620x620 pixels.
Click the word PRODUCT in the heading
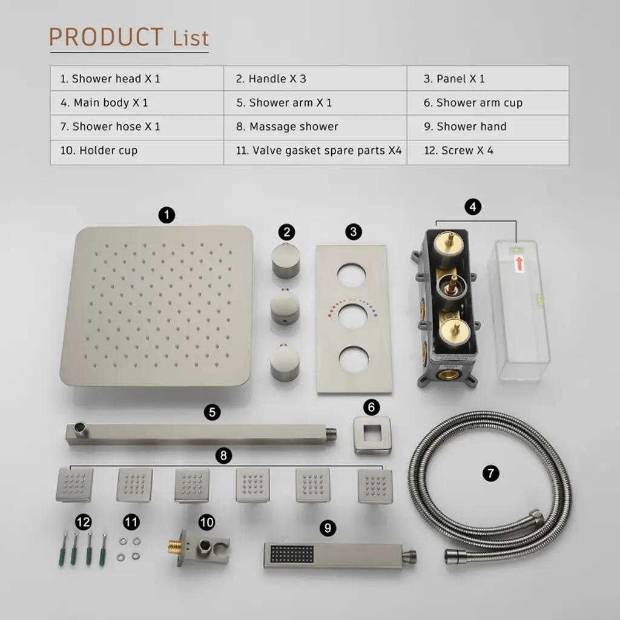tap(106, 37)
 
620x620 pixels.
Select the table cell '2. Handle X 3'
tap(315, 79)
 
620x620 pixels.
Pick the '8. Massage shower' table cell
tap(315, 127)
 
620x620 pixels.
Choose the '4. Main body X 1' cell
tap(137, 103)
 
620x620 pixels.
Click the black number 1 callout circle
tap(167, 215)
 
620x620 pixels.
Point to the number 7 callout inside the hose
tap(490, 473)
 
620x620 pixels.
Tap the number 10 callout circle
tap(207, 523)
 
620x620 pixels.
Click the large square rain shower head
tap(157, 306)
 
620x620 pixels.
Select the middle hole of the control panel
tap(354, 316)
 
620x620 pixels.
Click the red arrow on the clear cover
tap(519, 263)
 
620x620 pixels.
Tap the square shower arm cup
tap(372, 435)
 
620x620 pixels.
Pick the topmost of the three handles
tap(286, 261)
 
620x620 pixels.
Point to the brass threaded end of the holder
tap(174, 547)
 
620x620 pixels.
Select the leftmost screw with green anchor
tap(63, 550)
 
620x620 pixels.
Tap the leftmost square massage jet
tap(74, 485)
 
